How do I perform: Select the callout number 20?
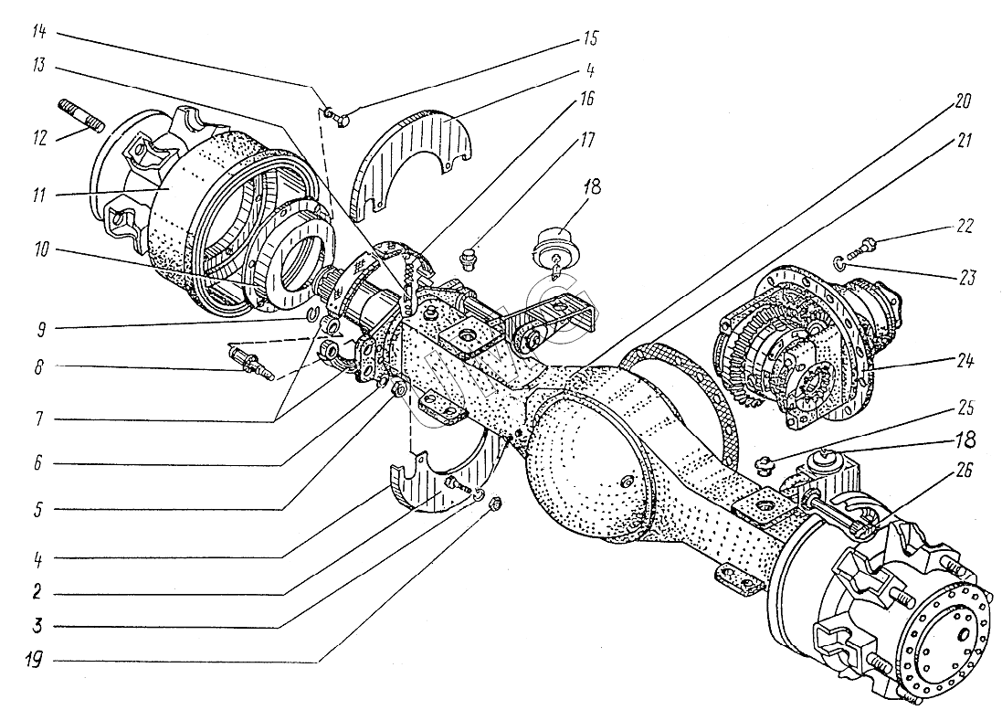click(x=963, y=101)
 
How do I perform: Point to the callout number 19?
click(x=34, y=659)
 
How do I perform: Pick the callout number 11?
click(x=39, y=194)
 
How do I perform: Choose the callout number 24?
click(x=965, y=361)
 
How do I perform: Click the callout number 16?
click(x=586, y=99)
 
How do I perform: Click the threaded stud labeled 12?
click(x=81, y=115)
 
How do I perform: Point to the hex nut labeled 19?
click(x=493, y=505)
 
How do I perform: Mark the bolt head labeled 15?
click(x=340, y=119)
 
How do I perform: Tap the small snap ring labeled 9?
click(x=312, y=312)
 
